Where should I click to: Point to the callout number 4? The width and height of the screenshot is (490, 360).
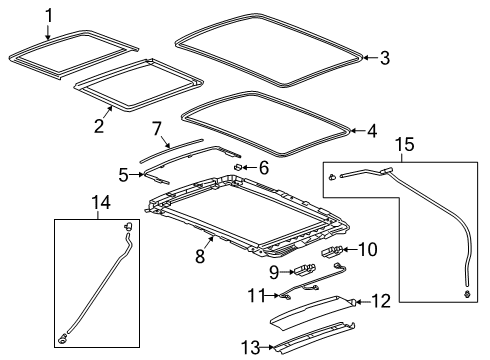coord(372,129)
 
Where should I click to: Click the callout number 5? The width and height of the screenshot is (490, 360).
coord(124,175)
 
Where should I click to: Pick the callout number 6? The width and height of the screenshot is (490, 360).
coord(264,168)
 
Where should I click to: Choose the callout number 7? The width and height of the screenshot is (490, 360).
coord(156,128)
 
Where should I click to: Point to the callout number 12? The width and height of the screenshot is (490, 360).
coord(378,301)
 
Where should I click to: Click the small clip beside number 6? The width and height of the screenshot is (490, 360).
coord(240,166)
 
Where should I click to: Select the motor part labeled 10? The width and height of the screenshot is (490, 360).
coord(334,250)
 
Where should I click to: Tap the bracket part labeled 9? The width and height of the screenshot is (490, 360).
coord(304,267)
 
